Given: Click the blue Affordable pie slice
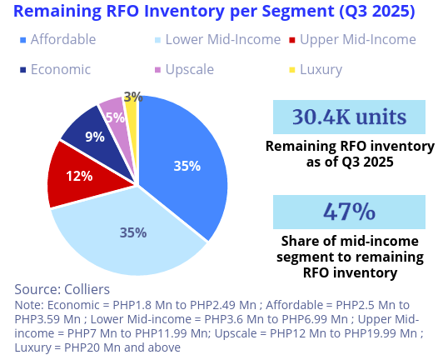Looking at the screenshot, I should [x=187, y=158].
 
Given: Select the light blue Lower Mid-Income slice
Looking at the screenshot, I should [x=125, y=237].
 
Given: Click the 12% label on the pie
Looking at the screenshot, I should [x=79, y=176].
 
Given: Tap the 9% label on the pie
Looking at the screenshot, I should [x=95, y=137].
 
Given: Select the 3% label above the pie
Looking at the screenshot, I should [x=132, y=97].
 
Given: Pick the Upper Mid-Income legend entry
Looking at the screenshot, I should [x=357, y=39].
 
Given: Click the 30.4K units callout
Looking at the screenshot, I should [x=349, y=117].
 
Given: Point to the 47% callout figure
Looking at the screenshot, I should [x=349, y=212].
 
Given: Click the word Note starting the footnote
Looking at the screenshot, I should [x=27, y=305].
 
